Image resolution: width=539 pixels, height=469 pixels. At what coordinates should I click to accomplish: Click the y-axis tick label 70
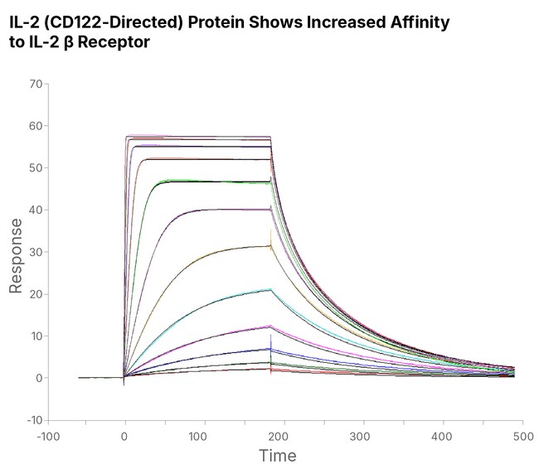[x=36, y=84]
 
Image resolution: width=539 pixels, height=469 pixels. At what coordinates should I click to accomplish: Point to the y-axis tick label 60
[x=36, y=126]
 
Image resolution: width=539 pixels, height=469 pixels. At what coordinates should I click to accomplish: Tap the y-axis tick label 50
[x=36, y=168]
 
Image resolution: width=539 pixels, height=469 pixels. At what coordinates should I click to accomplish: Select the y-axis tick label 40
[x=36, y=210]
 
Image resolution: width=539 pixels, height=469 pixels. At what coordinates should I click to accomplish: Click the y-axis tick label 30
[x=36, y=252]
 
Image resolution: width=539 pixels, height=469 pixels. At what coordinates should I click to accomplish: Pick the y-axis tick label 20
[x=36, y=294]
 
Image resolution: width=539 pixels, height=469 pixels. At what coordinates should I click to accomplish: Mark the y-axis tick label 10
[x=36, y=336]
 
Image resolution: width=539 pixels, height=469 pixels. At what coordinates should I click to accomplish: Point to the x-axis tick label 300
[x=362, y=436]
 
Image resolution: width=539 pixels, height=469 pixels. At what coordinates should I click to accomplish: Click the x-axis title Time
[x=277, y=456]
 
